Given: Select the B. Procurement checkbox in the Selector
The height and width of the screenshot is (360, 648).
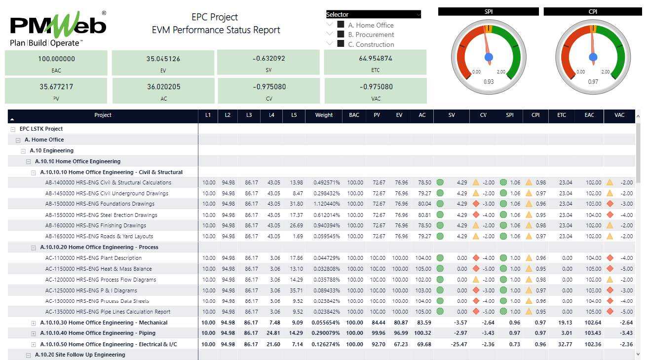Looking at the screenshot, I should pyautogui.click(x=341, y=35).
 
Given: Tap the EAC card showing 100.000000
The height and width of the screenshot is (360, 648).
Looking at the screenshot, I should pyautogui.click(x=56, y=63).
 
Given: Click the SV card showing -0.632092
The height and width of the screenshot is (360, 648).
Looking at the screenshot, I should pyautogui.click(x=268, y=63).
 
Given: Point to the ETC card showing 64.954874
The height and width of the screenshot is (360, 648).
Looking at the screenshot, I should pyautogui.click(x=375, y=63).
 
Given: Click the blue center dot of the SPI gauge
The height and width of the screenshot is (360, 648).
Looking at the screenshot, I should pyautogui.click(x=489, y=57).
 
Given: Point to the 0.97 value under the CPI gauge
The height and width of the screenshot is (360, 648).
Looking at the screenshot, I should pyautogui.click(x=593, y=82).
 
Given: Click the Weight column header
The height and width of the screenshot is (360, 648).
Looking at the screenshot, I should pyautogui.click(x=324, y=115).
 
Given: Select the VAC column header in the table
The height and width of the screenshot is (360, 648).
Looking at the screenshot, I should pyautogui.click(x=619, y=115).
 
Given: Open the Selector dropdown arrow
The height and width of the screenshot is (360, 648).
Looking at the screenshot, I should pyautogui.click(x=418, y=15).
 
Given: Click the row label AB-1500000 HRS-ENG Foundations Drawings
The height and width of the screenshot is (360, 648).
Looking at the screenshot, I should pyautogui.click(x=100, y=204).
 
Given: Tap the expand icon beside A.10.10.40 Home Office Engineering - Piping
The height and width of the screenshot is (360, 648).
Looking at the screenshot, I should pyautogui.click(x=34, y=333).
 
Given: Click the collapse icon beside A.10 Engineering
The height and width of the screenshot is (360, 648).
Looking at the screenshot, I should pyautogui.click(x=23, y=151).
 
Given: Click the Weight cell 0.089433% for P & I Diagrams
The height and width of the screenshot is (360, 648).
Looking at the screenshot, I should pyautogui.click(x=326, y=290).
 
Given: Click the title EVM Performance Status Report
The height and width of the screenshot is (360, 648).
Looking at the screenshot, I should pyautogui.click(x=216, y=30).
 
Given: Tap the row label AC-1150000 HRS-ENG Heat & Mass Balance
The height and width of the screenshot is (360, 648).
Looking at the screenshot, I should pyautogui.click(x=98, y=269).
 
